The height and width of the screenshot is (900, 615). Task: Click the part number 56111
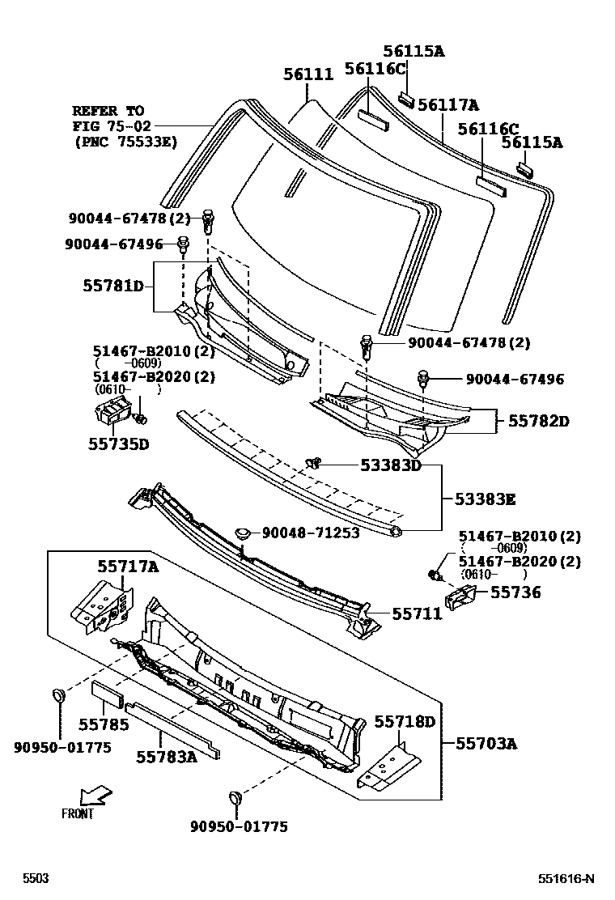(307, 74)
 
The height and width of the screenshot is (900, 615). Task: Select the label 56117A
(448, 104)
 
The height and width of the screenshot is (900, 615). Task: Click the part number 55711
(417, 614)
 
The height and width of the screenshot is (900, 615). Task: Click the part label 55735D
(118, 444)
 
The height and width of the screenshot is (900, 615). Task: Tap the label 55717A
(128, 567)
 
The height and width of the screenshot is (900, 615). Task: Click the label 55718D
(404, 721)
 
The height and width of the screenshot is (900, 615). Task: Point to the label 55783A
(166, 756)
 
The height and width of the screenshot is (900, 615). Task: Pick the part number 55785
(104, 724)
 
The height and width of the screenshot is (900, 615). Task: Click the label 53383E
(485, 499)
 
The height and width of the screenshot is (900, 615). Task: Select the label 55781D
(113, 286)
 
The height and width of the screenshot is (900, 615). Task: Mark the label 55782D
(539, 422)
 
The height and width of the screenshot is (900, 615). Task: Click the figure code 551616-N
(566, 879)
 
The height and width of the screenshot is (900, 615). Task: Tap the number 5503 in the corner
(35, 879)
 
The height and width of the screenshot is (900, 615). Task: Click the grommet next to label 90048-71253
(244, 532)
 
